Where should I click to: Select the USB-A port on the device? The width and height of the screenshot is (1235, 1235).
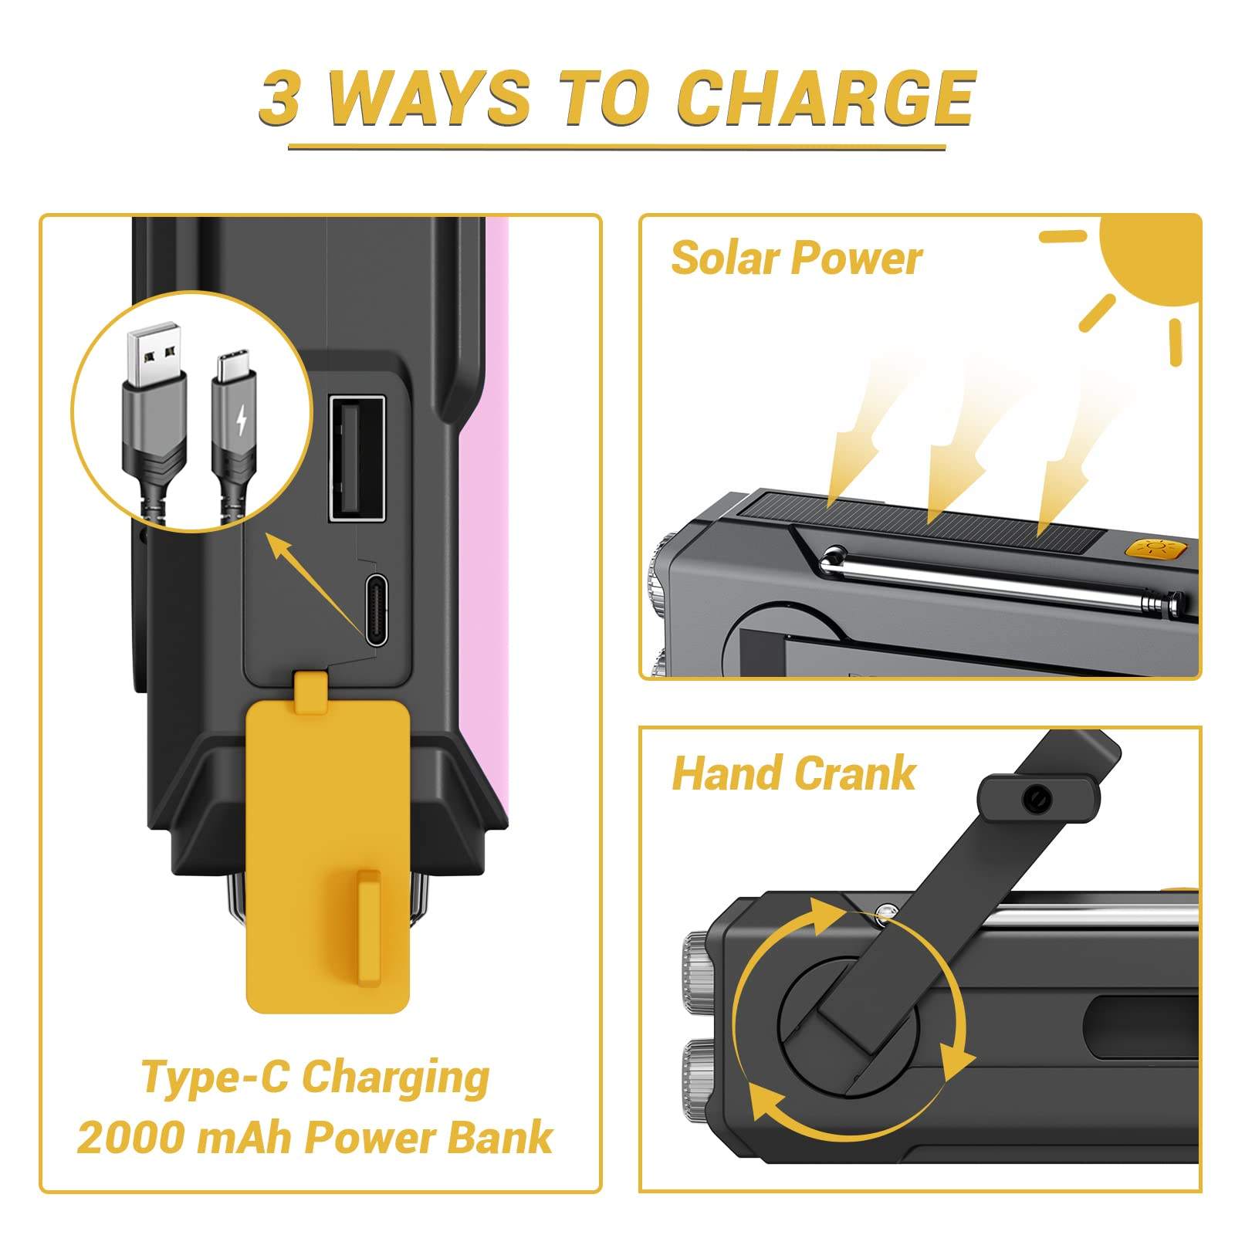point(357,458)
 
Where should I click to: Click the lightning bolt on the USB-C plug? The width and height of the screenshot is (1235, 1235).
point(242,419)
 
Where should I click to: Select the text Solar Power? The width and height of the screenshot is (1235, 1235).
point(796,258)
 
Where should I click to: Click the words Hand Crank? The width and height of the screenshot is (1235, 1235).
point(793,773)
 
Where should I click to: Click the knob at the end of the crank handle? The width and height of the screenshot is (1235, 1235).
point(1037,800)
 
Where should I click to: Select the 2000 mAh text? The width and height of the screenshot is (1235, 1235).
point(184,1138)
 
